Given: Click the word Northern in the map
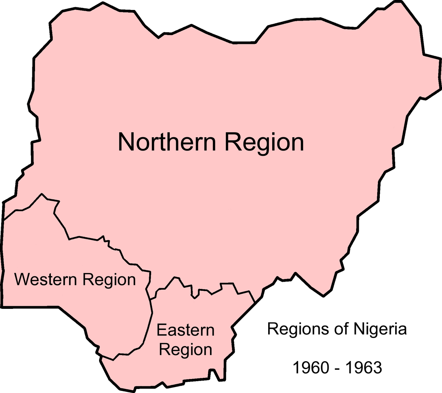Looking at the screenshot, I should pos(166,142).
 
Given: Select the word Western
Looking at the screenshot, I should pos(45,279).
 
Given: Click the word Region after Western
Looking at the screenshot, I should pos(109,280).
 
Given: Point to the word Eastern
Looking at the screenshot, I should pos(185,330).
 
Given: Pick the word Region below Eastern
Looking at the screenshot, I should pos(185,350).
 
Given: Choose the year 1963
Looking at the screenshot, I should pos(364,368).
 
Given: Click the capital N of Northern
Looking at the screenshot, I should pos(126,142).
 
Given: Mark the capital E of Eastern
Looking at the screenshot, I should pos(161,330).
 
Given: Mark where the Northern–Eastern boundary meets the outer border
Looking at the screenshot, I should pos(255,303).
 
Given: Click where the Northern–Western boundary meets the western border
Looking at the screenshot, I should pos(3,221).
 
